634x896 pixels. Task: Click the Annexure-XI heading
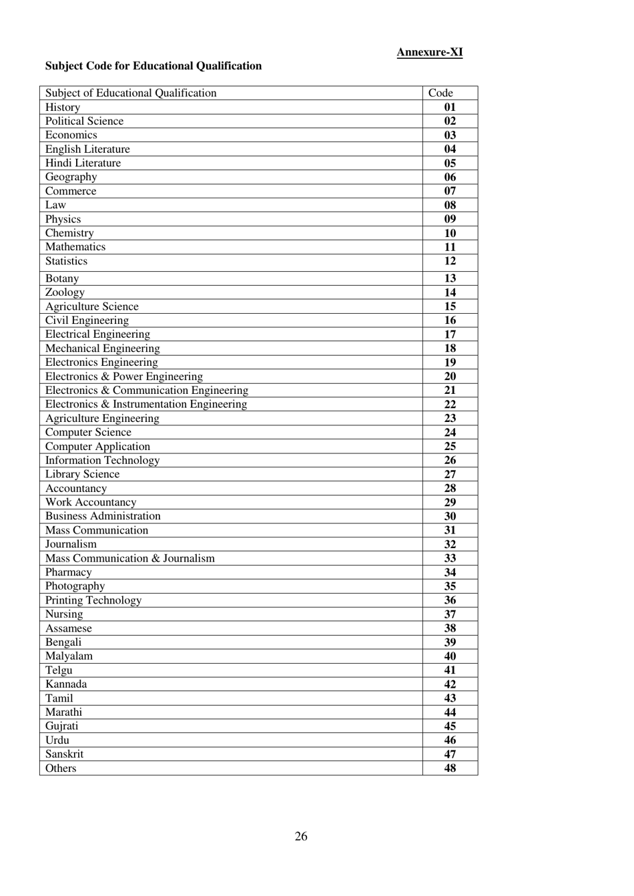[429, 52]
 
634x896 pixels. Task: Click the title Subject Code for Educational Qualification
[153, 65]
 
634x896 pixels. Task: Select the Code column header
[440, 93]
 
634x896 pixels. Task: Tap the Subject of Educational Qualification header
[131, 93]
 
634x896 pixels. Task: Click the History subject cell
[63, 107]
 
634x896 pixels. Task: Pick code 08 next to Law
[450, 205]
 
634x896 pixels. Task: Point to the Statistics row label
[66, 261]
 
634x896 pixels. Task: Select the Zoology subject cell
[65, 292]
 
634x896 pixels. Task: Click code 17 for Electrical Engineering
[450, 334]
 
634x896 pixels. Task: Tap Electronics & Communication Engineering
[147, 390]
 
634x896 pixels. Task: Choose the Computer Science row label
[88, 432]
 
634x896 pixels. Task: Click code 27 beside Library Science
[450, 474]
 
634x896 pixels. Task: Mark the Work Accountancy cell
[91, 502]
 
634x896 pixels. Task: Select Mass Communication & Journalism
[130, 558]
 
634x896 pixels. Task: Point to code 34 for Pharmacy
[450, 572]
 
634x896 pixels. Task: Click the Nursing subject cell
[64, 614]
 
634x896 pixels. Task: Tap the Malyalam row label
[69, 656]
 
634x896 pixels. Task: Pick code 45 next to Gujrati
[450, 726]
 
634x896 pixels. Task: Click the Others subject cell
[61, 768]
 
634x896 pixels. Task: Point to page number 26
[301, 837]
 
